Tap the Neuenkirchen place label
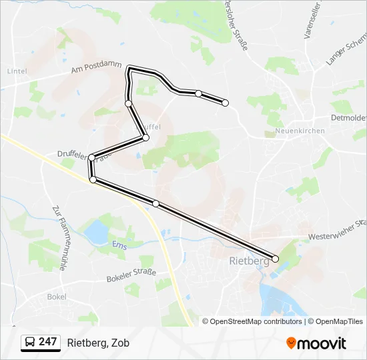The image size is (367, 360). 300,131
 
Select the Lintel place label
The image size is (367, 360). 16,71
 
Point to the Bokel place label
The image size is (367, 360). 56,297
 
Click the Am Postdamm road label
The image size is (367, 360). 96,67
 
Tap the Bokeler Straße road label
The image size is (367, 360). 131,275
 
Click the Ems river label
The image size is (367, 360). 119,245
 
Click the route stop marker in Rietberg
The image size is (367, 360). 276,259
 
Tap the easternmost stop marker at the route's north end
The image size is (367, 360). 225,103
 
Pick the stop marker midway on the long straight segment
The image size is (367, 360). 155,203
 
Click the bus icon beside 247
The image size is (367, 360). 30,343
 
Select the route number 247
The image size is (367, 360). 47,342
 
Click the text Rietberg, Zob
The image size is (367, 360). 98,343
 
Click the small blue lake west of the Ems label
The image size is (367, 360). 96,231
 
